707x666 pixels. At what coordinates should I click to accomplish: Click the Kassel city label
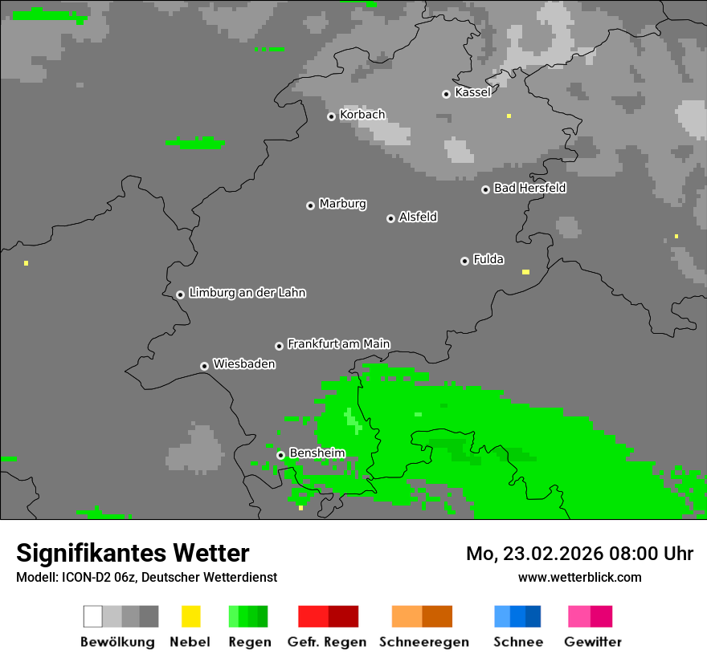pos(472,92)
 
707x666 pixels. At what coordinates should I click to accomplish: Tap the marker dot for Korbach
pos(331,116)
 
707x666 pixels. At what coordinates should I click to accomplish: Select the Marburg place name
pos(342,204)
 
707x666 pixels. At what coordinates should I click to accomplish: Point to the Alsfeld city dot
pos(390,218)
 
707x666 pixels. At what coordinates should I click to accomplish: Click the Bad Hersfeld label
pos(529,188)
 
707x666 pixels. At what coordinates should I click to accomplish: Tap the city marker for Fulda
pos(464,261)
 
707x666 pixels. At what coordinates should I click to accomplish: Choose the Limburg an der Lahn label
pos(247,293)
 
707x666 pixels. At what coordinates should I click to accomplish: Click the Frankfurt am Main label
pos(338,343)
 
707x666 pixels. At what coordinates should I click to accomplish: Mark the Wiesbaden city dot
pos(204,366)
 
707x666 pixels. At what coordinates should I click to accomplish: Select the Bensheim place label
pos(317,453)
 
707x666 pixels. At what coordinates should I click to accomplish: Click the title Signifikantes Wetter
pos(133,553)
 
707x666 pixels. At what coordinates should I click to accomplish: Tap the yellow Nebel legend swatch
pos(190,616)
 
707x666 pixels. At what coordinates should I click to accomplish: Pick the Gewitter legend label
pos(592,642)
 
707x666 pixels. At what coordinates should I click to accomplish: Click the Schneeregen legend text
pos(423,642)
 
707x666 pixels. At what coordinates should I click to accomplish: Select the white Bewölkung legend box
pos(93,616)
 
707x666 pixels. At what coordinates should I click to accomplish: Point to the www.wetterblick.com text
pos(579,577)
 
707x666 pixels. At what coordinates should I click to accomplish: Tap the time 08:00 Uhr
pos(653,554)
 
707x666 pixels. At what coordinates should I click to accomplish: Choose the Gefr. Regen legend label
pos(326,642)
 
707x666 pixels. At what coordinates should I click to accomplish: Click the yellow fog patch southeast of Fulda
pos(525,272)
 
